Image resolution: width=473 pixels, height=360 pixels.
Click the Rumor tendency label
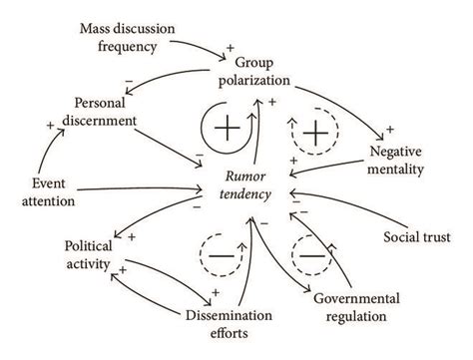pyautogui.click(x=241, y=185)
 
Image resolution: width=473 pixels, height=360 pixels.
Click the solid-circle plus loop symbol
pyautogui.click(x=223, y=130)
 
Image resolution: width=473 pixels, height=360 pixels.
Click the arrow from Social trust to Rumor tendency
pyautogui.click(x=338, y=209)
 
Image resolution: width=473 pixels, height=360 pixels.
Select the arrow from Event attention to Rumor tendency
pyautogui.click(x=140, y=188)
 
